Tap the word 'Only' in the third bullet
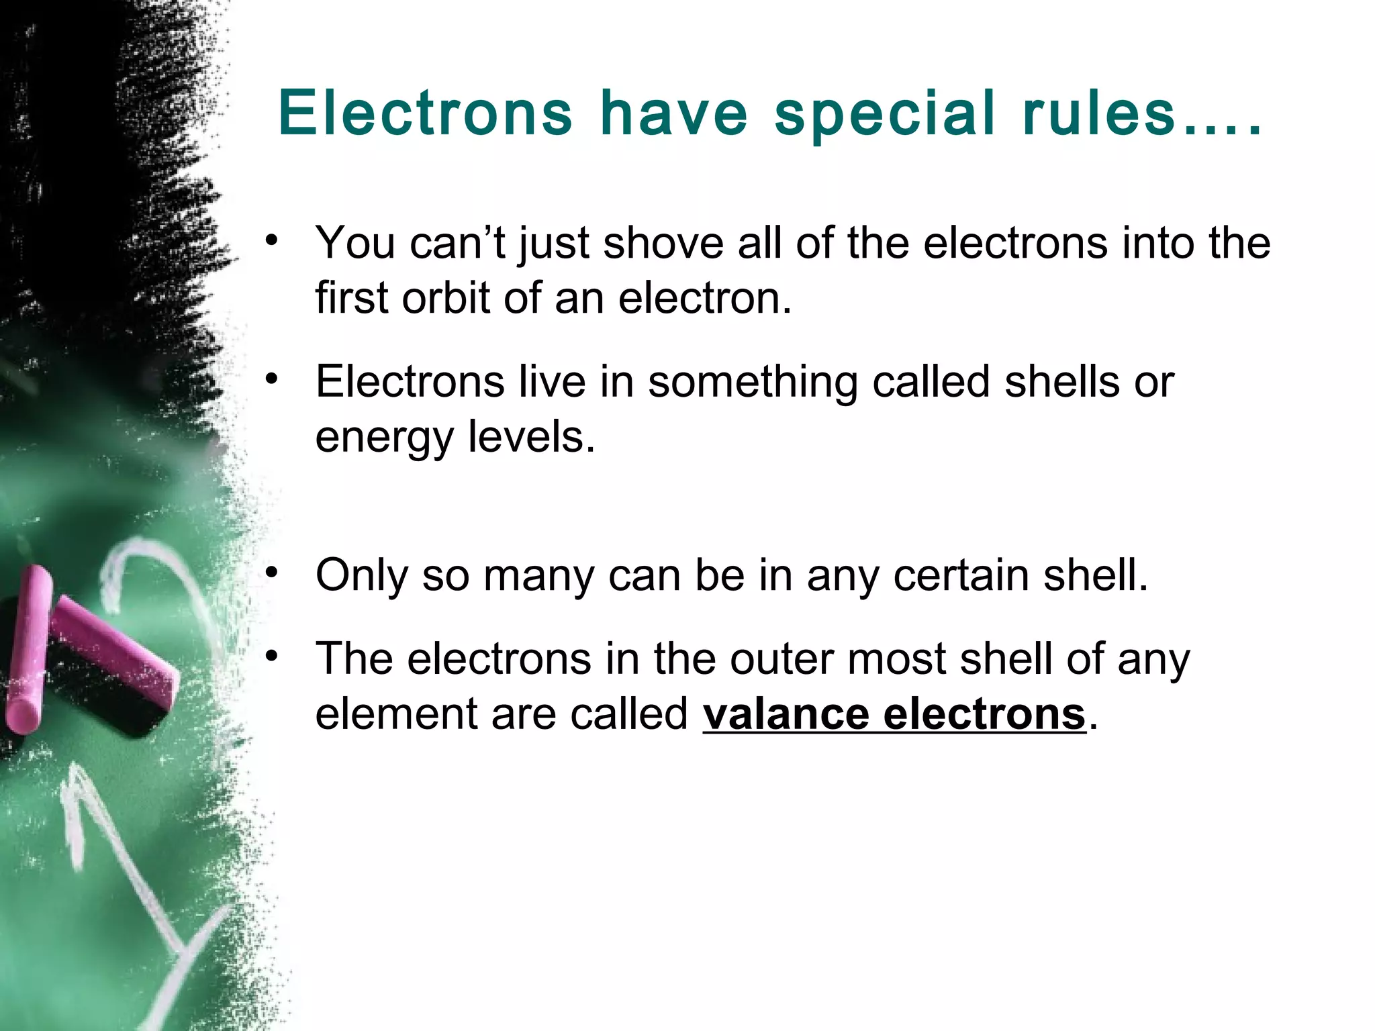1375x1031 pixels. (361, 576)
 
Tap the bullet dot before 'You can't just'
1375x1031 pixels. (271, 241)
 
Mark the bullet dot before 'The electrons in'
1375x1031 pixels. (271, 657)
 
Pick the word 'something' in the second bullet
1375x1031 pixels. (753, 382)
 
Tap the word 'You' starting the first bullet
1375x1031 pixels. (355, 242)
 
